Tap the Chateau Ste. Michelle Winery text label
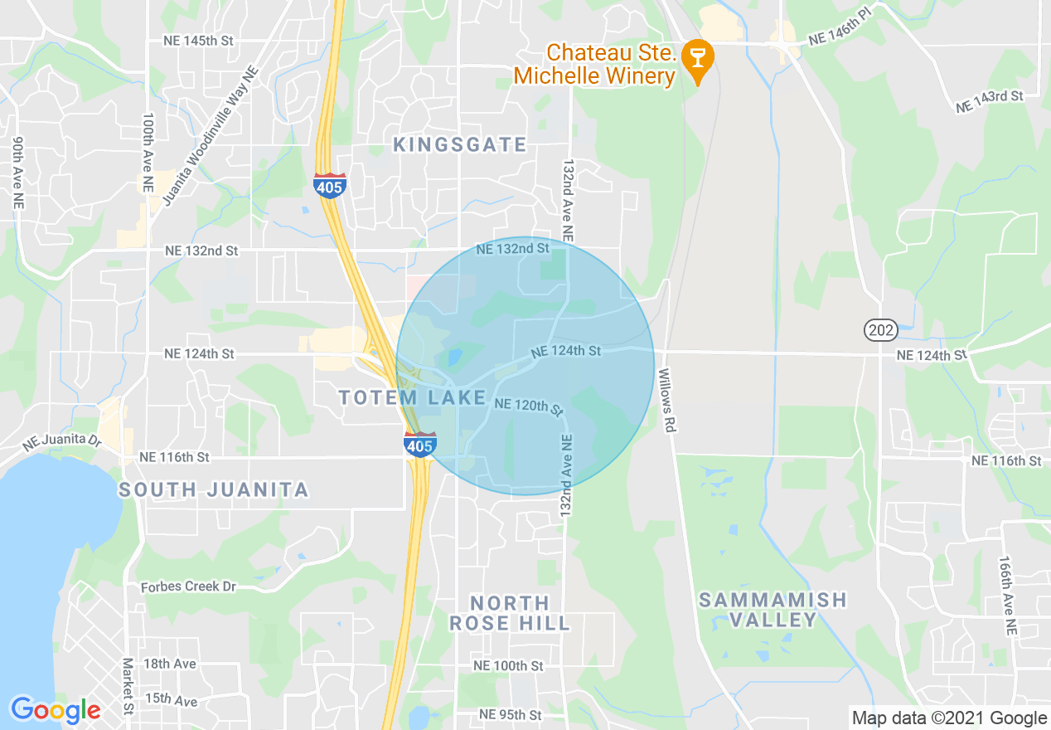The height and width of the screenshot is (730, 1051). point(594,65)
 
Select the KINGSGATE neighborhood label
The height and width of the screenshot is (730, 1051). point(459,145)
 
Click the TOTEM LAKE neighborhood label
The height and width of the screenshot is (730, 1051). point(412,398)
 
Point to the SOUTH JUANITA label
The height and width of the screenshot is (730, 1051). point(213,490)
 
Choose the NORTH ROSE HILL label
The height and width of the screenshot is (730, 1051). point(510,613)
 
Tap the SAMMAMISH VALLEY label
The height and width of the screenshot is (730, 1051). point(773,610)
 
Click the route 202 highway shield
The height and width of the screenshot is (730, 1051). point(880,331)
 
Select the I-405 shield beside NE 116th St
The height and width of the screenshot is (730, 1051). point(420,445)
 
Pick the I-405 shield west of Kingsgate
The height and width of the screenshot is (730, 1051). point(330,186)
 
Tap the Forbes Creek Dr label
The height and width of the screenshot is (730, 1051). point(188,586)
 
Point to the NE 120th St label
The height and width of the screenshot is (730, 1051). point(528,406)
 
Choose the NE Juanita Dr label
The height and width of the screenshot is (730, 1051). point(61,442)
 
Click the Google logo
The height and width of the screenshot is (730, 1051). point(56,710)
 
